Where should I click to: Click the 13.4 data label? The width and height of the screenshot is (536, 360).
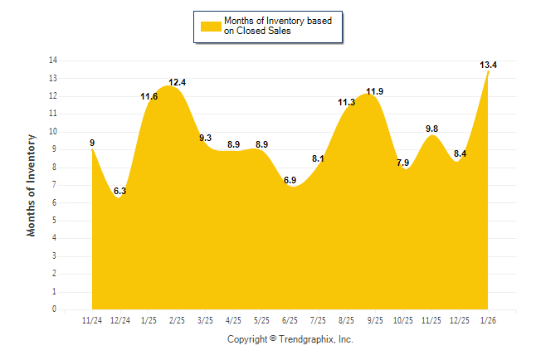488,65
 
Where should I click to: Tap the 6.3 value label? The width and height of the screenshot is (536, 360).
120,191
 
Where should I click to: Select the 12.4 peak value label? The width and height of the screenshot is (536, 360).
178,82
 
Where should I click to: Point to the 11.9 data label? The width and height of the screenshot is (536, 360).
374,91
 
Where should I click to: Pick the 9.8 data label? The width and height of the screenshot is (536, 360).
431,129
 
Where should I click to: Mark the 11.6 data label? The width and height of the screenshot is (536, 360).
149,96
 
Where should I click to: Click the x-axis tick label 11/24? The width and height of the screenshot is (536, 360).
92,319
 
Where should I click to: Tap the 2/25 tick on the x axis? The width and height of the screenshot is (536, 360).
177,319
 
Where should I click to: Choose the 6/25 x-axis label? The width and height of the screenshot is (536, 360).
290,319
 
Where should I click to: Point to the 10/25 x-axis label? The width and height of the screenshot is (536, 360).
402,319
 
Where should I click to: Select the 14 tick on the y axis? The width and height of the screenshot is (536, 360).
53,61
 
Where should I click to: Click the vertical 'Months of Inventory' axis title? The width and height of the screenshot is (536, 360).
32,185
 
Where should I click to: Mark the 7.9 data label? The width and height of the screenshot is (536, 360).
403,163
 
